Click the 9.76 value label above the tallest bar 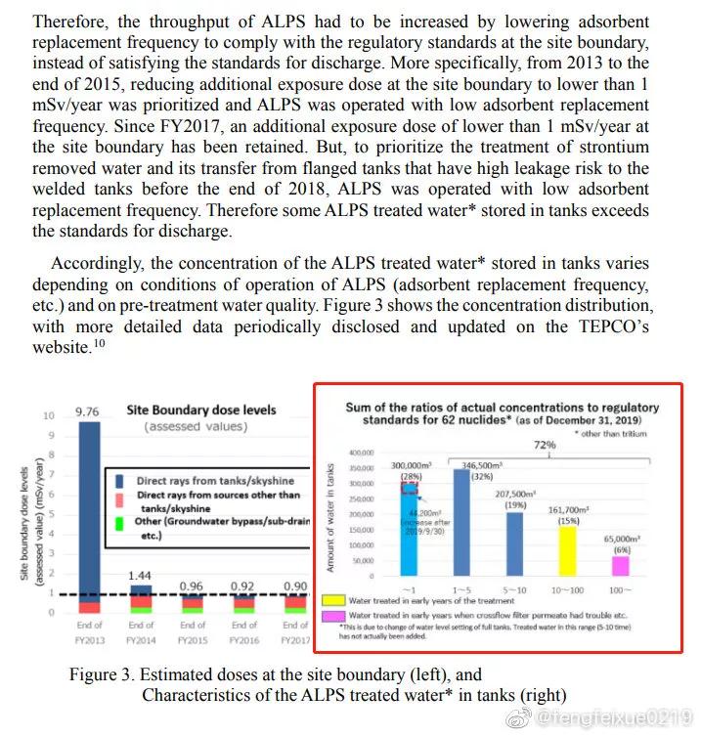point(88,412)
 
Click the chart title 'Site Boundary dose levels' point(202,411)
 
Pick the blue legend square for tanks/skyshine point(119,481)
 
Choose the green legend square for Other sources point(119,522)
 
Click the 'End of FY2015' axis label point(194,631)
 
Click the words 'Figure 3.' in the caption point(102,675)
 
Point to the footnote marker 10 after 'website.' point(98,344)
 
